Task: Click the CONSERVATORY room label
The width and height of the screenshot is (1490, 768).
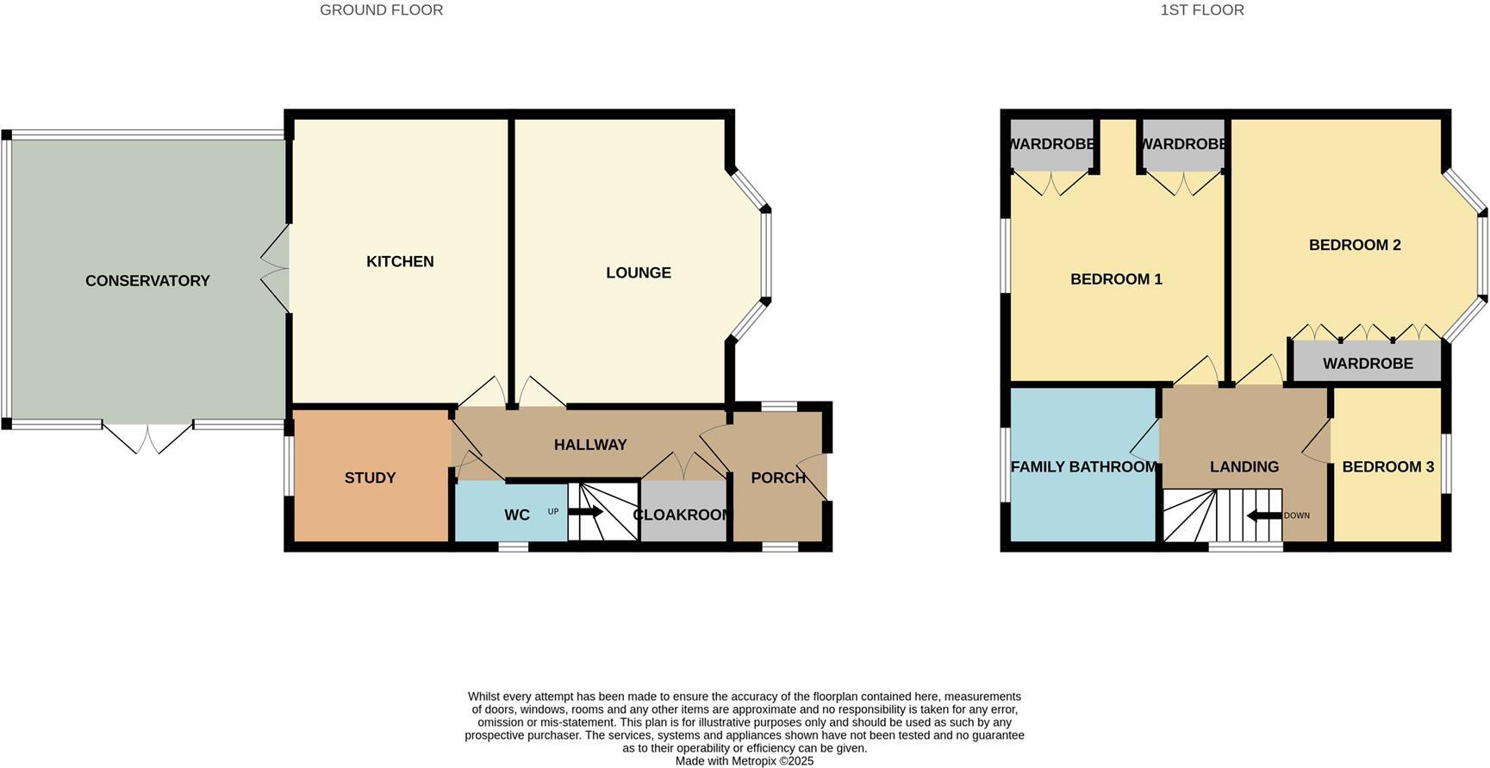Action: pos(147,281)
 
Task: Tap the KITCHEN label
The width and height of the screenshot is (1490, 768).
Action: pos(400,262)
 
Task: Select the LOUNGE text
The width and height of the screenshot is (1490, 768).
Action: pos(638,273)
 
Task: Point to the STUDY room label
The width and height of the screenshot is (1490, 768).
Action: pos(370,478)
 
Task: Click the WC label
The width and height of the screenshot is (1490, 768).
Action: pos(517,515)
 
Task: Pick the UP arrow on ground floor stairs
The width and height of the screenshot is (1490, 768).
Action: pos(585,512)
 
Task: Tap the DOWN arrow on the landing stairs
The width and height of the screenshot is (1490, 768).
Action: pos(1263,516)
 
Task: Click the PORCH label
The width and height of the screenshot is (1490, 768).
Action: pos(778,478)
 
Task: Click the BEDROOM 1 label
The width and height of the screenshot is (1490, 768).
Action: pos(1116,279)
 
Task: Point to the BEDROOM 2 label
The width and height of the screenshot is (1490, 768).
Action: pos(1355,246)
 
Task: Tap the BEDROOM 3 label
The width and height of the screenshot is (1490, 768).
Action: pos(1387,467)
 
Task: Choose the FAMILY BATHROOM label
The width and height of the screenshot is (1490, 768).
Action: pos(1083,467)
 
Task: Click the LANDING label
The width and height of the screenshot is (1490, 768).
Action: pos(1244,467)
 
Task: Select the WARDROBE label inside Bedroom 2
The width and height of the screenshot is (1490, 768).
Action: pos(1368,364)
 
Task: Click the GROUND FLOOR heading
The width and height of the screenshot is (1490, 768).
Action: pos(381,10)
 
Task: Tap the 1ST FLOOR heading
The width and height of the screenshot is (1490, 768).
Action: pos(1201,10)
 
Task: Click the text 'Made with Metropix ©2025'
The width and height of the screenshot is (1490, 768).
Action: pos(744,761)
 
